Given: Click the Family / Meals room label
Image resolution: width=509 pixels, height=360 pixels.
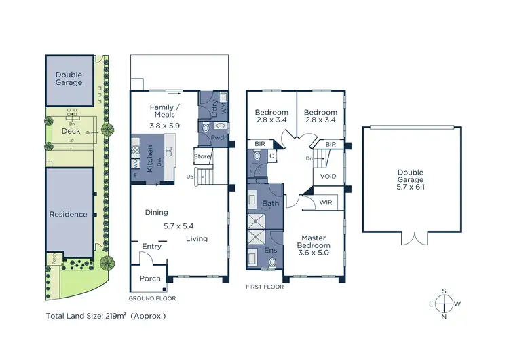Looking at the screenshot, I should (x=165, y=111).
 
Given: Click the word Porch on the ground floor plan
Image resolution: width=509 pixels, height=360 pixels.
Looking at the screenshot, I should (x=150, y=278).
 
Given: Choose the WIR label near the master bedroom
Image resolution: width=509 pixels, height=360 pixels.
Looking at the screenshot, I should (x=326, y=202).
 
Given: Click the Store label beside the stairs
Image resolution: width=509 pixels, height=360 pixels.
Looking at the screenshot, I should (x=203, y=156).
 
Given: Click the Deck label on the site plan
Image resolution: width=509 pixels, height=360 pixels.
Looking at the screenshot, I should (x=71, y=130).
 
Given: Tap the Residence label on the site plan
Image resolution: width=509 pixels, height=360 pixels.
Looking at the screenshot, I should (x=68, y=214).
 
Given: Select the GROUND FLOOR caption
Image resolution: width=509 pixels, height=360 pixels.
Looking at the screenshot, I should (x=152, y=298).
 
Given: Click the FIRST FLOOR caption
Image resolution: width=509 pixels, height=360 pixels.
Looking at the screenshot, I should (x=265, y=287).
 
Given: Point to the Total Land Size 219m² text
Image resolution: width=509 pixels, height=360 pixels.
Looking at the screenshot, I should (x=105, y=316).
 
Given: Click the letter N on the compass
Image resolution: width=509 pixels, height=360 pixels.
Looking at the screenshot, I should (x=444, y=317).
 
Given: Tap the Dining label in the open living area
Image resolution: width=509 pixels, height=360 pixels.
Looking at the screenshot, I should (x=156, y=213).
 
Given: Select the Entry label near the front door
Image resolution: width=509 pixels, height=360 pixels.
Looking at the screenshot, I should (x=151, y=246).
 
